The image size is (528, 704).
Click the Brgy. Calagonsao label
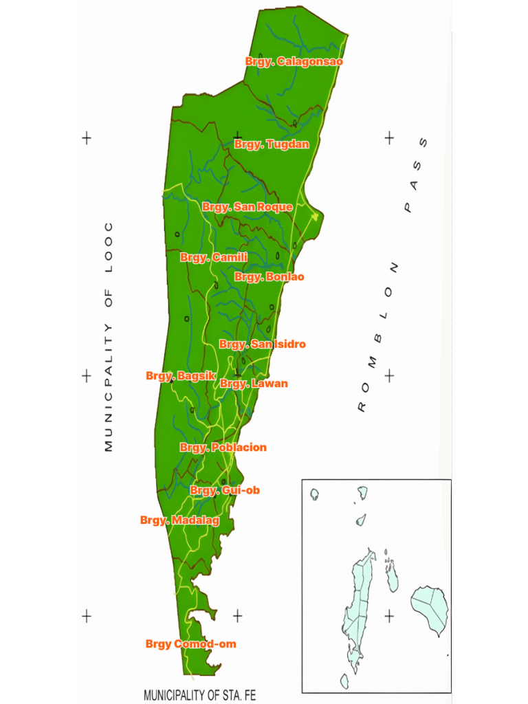click(x=294, y=62)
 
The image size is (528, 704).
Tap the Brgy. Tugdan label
click(x=272, y=144)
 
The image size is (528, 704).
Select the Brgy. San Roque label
click(x=247, y=207)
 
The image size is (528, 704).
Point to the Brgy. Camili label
click(x=214, y=257)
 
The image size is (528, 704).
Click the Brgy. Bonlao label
click(x=269, y=277)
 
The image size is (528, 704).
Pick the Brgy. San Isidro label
click(x=262, y=344)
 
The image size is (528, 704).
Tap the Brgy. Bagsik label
click(x=181, y=376)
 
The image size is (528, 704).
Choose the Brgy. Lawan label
click(x=254, y=384)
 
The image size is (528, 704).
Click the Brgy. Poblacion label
click(x=223, y=448)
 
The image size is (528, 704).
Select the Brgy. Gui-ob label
click(x=225, y=490)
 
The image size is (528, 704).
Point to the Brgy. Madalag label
click(x=179, y=520)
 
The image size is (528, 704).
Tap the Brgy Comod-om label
click(x=190, y=644)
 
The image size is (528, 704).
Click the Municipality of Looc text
click(x=109, y=337)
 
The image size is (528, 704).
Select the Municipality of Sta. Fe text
click(x=199, y=695)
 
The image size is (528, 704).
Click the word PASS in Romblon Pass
click(x=415, y=175)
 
